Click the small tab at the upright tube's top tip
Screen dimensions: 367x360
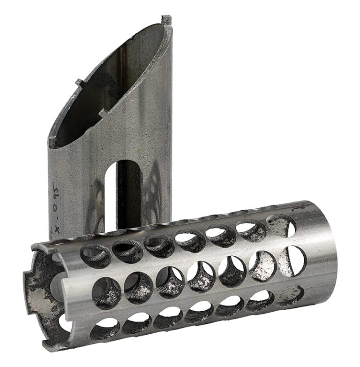click(166, 20)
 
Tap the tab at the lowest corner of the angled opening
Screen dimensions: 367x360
click(52, 141)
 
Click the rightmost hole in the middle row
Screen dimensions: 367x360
click(292, 260)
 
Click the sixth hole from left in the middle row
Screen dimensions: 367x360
click(262, 266)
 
